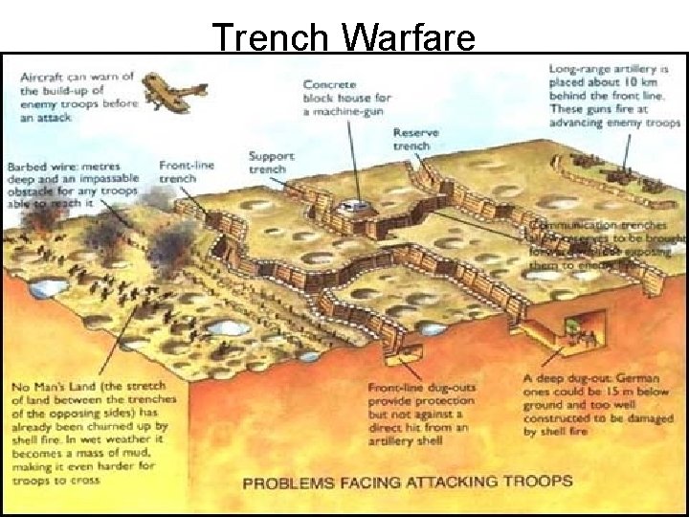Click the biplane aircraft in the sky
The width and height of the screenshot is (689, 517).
(x=178, y=94)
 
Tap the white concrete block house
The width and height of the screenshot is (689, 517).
(x=357, y=205)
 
